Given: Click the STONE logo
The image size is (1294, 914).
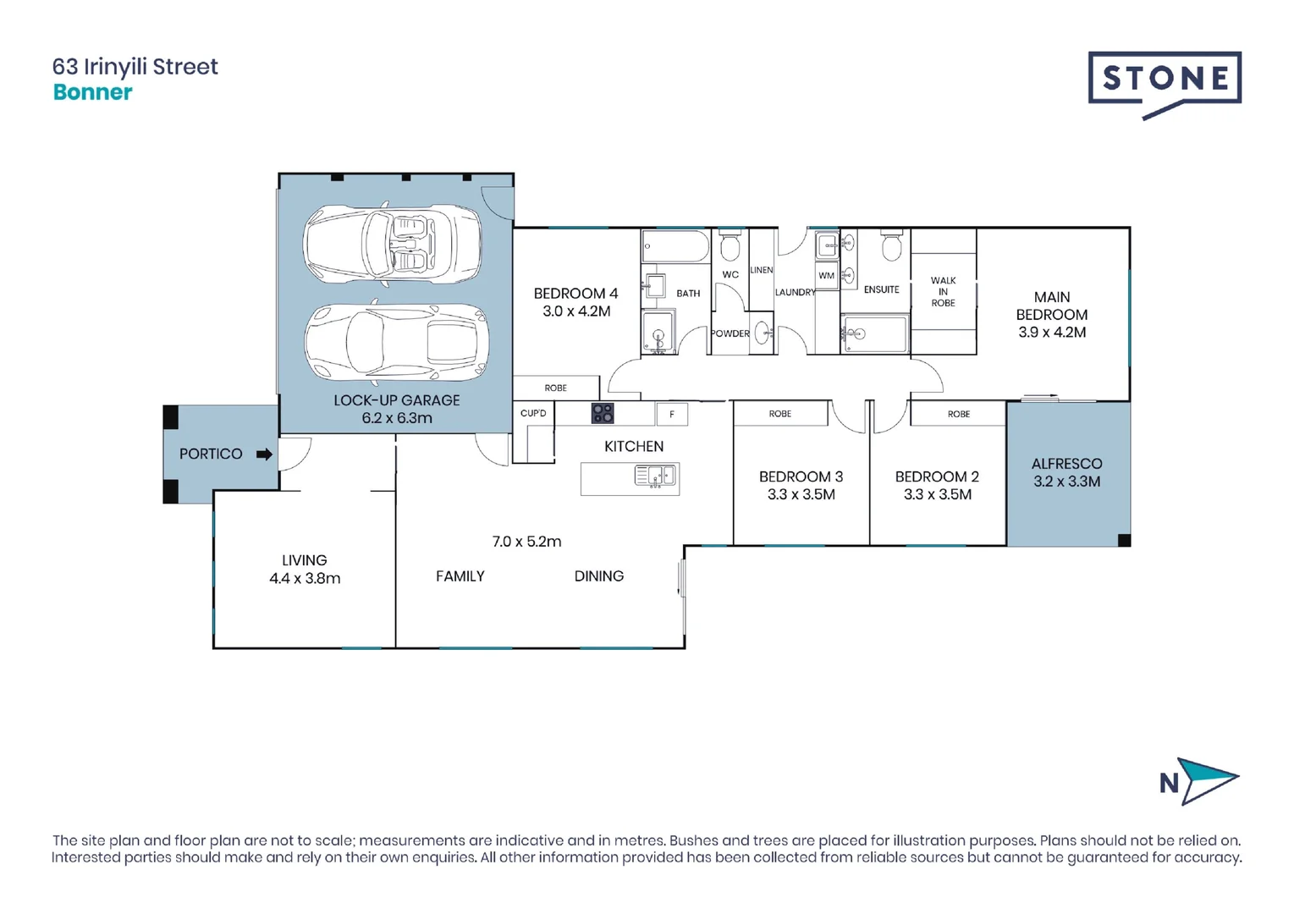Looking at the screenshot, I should point(1165,81).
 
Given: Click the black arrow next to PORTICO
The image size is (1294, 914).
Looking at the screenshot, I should point(264,454).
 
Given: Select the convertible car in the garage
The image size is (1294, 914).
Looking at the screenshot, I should point(393,245).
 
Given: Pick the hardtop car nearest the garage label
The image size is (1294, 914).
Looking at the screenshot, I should point(396,343).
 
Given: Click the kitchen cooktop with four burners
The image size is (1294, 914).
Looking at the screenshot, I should point(603,413).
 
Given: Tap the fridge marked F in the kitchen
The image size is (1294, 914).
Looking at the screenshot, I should point(672,414).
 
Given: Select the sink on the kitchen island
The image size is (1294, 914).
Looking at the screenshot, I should point(655,477).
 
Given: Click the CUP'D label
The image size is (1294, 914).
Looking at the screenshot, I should point(533,413).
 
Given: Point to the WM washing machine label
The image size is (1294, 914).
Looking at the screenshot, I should point(826,275).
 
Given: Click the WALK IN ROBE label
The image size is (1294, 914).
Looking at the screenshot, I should point(943,292).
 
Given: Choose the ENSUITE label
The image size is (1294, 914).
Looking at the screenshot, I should point(881,289).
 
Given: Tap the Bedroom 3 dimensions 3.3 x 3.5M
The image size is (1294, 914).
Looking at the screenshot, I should point(801,495).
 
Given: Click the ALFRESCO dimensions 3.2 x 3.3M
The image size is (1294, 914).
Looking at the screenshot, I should point(1066,482).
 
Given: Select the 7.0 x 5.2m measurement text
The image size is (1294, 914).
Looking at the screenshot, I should point(526,542).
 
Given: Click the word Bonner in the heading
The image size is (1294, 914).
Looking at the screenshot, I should point(93,92).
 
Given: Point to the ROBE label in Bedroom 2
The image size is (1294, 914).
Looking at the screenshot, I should point(958,414).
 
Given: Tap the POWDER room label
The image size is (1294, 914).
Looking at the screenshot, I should point(730,333).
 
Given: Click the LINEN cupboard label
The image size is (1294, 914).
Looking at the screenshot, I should point(761,270).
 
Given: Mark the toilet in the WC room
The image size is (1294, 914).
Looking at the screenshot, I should point(730,246).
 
